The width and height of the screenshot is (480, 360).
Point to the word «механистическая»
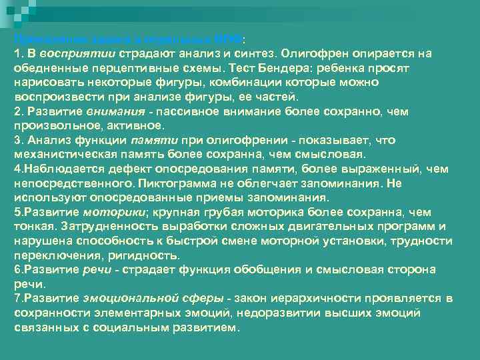(59, 155)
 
